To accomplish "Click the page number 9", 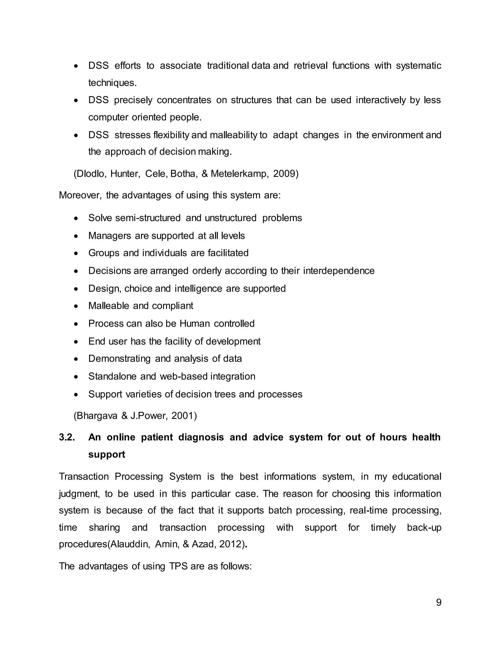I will [x=438, y=602].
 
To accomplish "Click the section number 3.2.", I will [x=67, y=437].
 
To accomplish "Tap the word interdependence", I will [x=339, y=271].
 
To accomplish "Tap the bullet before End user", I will [x=76, y=342].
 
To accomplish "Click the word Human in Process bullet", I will [x=195, y=324].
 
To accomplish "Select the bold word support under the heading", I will [x=107, y=455].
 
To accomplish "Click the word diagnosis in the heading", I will [x=201, y=437].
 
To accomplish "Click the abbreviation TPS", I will [x=178, y=566].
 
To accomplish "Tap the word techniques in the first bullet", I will [x=112, y=83].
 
